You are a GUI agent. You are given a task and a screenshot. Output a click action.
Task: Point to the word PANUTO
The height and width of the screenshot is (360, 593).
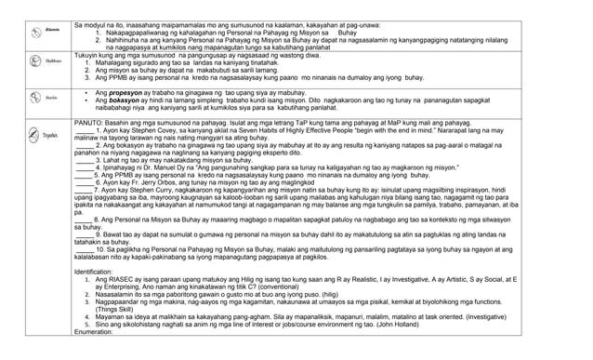pyautogui.click(x=89, y=123)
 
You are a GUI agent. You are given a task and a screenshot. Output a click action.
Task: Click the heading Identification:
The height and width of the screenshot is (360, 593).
pyautogui.click(x=99, y=271)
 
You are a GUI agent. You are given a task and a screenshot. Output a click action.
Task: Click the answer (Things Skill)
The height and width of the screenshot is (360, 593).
pyautogui.click(x=113, y=308)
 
